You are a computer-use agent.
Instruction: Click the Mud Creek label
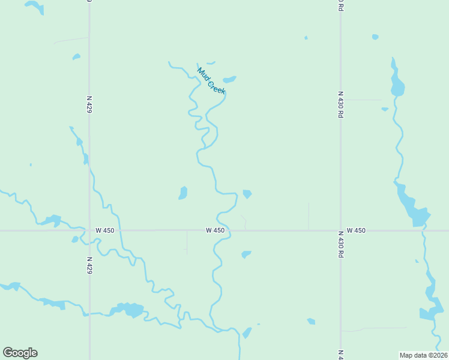pyautogui.click(x=211, y=80)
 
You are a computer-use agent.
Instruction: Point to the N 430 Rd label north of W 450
pyautogui.click(x=340, y=104)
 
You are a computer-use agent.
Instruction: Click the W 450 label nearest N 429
pyautogui.click(x=104, y=230)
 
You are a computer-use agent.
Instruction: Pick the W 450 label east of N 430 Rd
pyautogui.click(x=356, y=230)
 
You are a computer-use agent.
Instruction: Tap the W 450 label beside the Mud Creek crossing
pyautogui.click(x=215, y=230)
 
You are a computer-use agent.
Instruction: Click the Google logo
pyautogui.click(x=20, y=353)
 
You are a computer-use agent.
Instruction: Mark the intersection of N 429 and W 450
pyautogui.click(x=89, y=230)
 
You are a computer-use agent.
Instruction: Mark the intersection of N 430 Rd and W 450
pyautogui.click(x=340, y=230)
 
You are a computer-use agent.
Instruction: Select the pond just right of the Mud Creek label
pyautogui.click(x=229, y=79)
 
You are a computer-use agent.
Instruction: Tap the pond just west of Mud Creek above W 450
pyautogui.click(x=183, y=193)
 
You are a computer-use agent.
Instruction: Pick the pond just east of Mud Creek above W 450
pyautogui.click(x=247, y=194)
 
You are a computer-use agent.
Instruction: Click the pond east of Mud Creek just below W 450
pyautogui.click(x=246, y=254)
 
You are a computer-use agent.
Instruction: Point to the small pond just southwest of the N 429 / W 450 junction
pyautogui.click(x=75, y=239)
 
